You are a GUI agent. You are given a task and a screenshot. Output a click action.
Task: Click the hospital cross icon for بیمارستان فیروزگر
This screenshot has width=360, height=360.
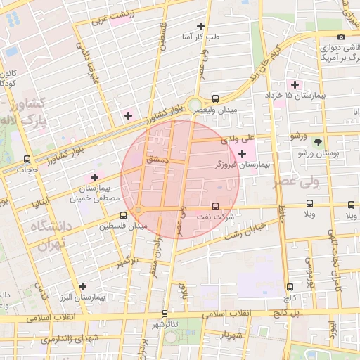[243, 153]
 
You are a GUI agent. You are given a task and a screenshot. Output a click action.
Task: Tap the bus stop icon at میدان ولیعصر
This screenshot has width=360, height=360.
[215, 99]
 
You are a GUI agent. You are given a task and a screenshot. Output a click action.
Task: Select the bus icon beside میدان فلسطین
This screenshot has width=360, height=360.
[124, 215]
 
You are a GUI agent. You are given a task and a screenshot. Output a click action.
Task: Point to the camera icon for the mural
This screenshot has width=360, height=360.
[341, 37]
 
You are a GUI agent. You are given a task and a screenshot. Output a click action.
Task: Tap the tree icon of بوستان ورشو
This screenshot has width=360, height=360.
[318, 141]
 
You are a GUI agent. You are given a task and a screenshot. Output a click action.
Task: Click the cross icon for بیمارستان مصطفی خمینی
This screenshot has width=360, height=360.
[94, 177]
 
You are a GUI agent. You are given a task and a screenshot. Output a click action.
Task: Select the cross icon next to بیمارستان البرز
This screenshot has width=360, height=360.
[83, 286]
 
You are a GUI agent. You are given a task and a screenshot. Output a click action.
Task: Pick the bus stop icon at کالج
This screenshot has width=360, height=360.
[290, 287]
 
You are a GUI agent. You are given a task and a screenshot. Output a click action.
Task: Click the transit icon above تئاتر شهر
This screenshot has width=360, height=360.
[165, 313]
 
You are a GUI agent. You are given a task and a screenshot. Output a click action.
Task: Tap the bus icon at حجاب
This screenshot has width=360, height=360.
[27, 159]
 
